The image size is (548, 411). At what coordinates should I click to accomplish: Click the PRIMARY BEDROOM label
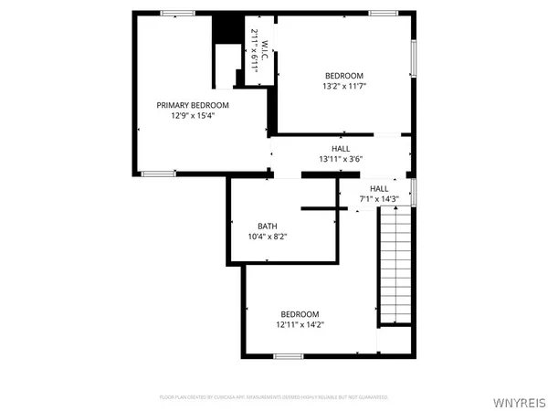[193, 105]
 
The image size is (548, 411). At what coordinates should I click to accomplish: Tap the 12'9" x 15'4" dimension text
[193, 116]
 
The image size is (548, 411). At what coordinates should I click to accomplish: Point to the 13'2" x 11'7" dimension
[344, 86]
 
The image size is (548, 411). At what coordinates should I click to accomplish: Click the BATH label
[267, 226]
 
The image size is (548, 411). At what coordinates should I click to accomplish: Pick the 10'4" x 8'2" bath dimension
[267, 237]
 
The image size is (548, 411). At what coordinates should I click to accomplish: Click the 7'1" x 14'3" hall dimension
[379, 198]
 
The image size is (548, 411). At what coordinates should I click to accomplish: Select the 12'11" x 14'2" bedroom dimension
[300, 323]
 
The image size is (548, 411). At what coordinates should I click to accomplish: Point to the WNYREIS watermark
[521, 399]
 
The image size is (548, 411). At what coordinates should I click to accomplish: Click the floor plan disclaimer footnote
[274, 397]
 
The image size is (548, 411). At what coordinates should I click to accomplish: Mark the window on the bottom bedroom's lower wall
[289, 354]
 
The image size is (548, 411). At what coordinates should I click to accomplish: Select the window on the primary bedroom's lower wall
[157, 172]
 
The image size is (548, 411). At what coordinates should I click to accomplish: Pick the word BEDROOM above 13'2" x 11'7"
[344, 75]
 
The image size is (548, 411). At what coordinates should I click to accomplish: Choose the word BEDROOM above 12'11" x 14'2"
[300, 312]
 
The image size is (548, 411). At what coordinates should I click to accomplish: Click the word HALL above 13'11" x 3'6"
[341, 148]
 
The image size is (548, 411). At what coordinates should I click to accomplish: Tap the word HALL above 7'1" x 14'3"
[378, 188]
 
